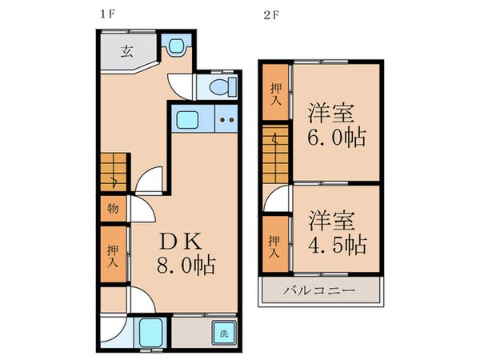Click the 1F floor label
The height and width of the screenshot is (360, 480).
106,14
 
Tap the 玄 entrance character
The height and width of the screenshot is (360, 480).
127,53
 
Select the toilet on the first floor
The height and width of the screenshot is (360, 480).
218,86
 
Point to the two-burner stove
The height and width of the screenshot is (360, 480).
226,122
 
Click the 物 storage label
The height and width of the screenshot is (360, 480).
113,210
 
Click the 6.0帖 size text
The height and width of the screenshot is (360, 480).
337,138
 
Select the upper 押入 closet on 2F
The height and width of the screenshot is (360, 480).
275,94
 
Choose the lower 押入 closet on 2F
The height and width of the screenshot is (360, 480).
274,246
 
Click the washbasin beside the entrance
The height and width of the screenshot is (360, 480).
175,48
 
